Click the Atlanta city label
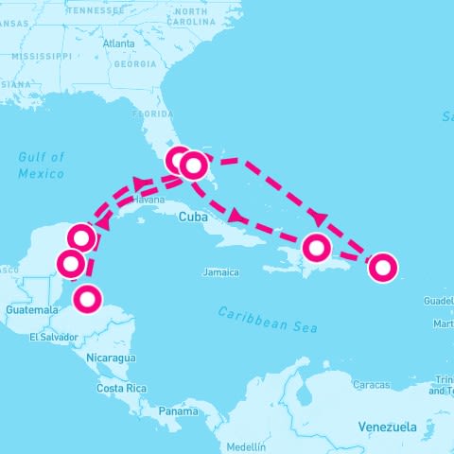click(x=119, y=44)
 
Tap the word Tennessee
click(x=96, y=10)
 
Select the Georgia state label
click(x=135, y=64)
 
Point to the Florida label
click(x=152, y=114)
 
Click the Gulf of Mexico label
click(x=42, y=166)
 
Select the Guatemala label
click(x=31, y=310)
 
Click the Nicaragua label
click(x=111, y=358)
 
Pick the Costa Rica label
click(x=121, y=389)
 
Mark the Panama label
click(x=178, y=411)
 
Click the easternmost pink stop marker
click(x=382, y=268)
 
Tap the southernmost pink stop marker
click(x=87, y=299)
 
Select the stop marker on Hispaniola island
click(x=318, y=249)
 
